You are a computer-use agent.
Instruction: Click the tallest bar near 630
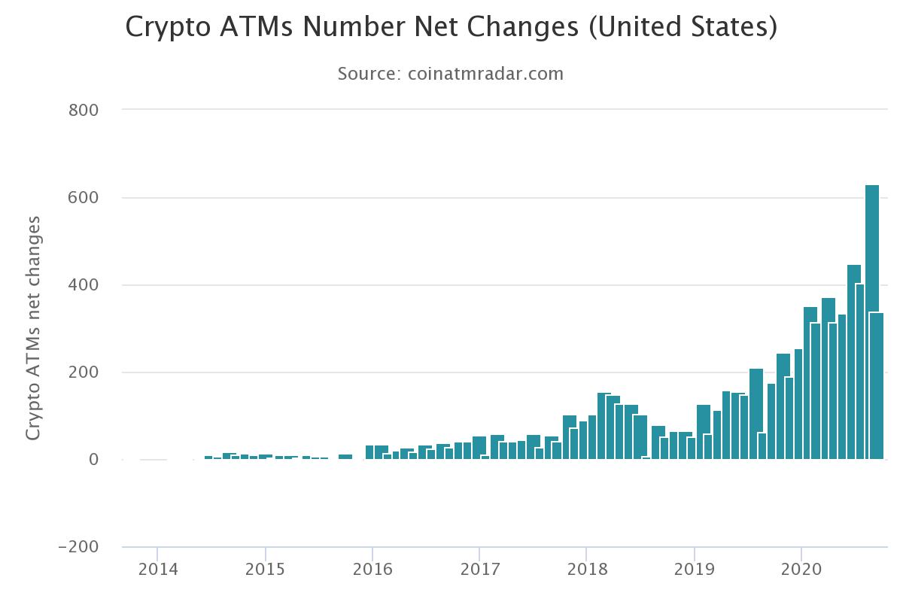pos(872,324)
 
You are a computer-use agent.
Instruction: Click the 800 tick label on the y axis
pos(84,110)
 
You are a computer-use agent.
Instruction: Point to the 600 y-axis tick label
pos(84,197)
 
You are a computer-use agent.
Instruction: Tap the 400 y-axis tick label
pos(84,285)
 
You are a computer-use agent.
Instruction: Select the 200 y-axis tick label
pos(84,372)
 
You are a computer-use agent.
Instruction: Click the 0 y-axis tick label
pos(93,460)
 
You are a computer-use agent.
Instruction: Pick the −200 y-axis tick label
pos(78,547)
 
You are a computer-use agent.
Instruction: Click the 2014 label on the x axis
pos(157,570)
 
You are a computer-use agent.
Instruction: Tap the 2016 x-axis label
pos(372,570)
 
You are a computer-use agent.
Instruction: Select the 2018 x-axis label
pos(587,570)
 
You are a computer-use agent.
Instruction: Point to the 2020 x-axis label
pos(801,570)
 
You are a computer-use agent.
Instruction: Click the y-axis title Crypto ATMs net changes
pos(33,328)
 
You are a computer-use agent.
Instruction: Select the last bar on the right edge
pos(877,385)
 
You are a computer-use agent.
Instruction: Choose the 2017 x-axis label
pos(479,570)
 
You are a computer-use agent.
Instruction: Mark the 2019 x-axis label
pos(694,570)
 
